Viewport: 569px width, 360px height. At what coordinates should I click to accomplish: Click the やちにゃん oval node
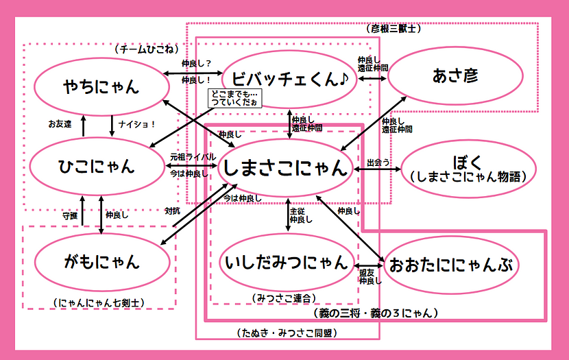point(101,86)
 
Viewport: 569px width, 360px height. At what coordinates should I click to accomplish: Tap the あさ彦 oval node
point(455,75)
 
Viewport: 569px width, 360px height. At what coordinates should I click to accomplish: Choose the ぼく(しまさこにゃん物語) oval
point(468,169)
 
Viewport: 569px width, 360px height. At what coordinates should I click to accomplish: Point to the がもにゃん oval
point(101,261)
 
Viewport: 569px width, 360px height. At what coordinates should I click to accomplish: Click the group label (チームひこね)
point(147,50)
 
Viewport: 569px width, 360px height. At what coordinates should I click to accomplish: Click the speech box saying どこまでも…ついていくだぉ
point(234,97)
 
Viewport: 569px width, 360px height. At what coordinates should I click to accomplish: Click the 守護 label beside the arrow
point(70,215)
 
